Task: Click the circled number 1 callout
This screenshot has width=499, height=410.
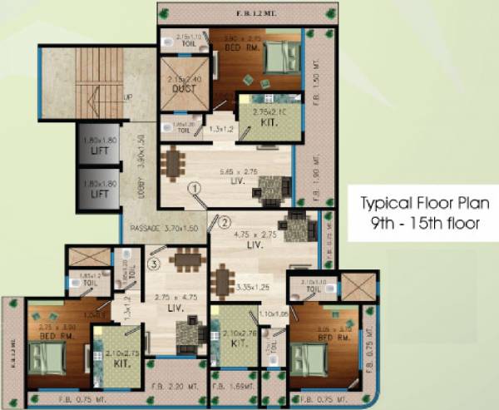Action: point(195,189)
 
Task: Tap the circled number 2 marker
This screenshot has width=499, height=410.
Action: point(223,221)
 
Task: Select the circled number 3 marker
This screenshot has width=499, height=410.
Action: point(152,265)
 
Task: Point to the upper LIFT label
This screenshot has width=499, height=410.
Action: point(100,146)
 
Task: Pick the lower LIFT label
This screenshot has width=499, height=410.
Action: point(100,193)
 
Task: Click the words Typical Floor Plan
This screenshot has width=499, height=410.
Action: point(420,201)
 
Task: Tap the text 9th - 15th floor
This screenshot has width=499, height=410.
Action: point(419,224)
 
